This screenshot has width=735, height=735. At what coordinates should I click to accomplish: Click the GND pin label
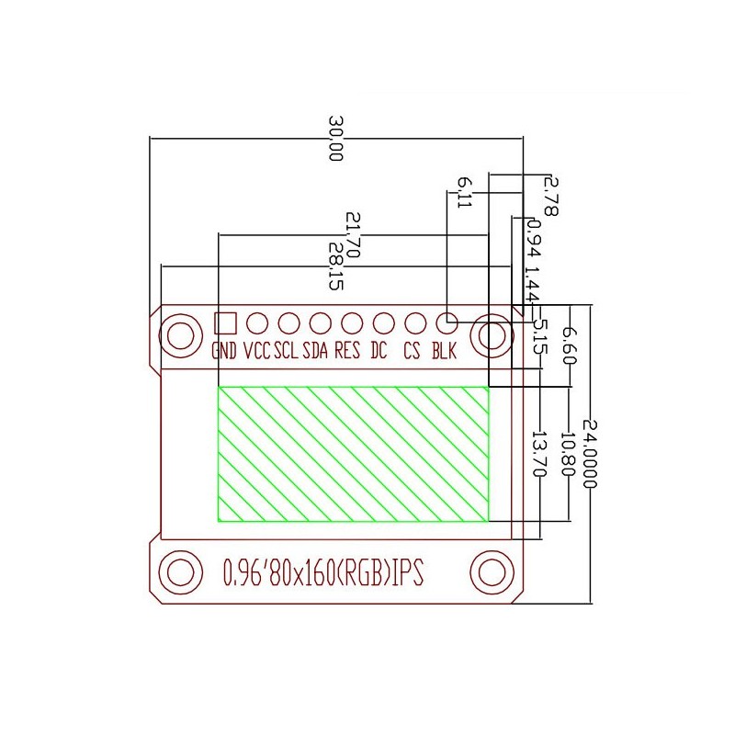224,350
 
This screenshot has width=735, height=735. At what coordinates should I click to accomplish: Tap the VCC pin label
257,350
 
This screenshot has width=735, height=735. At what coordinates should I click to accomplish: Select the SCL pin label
286,350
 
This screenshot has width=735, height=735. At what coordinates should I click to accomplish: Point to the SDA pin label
315,350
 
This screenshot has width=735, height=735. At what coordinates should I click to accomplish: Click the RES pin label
347,350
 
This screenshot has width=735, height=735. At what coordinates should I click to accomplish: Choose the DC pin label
379,350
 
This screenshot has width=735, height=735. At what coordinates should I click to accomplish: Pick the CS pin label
412,350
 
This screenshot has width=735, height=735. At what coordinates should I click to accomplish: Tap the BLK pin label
444,350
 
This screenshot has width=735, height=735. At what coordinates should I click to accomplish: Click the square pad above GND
225,323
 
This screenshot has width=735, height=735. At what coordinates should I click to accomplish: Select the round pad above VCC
257,323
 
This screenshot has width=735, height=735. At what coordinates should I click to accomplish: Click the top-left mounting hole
180,335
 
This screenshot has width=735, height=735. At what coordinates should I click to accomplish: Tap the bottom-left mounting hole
180,572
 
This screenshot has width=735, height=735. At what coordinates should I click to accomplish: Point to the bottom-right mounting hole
492,572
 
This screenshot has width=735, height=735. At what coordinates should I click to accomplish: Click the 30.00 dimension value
335,139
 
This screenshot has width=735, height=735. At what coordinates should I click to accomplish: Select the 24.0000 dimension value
590,454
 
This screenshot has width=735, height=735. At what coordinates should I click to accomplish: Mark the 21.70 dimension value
353,235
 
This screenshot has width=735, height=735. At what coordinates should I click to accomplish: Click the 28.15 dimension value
335,266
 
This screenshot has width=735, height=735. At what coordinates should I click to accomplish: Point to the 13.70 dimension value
540,454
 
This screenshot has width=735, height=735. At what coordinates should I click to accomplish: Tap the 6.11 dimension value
465,192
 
